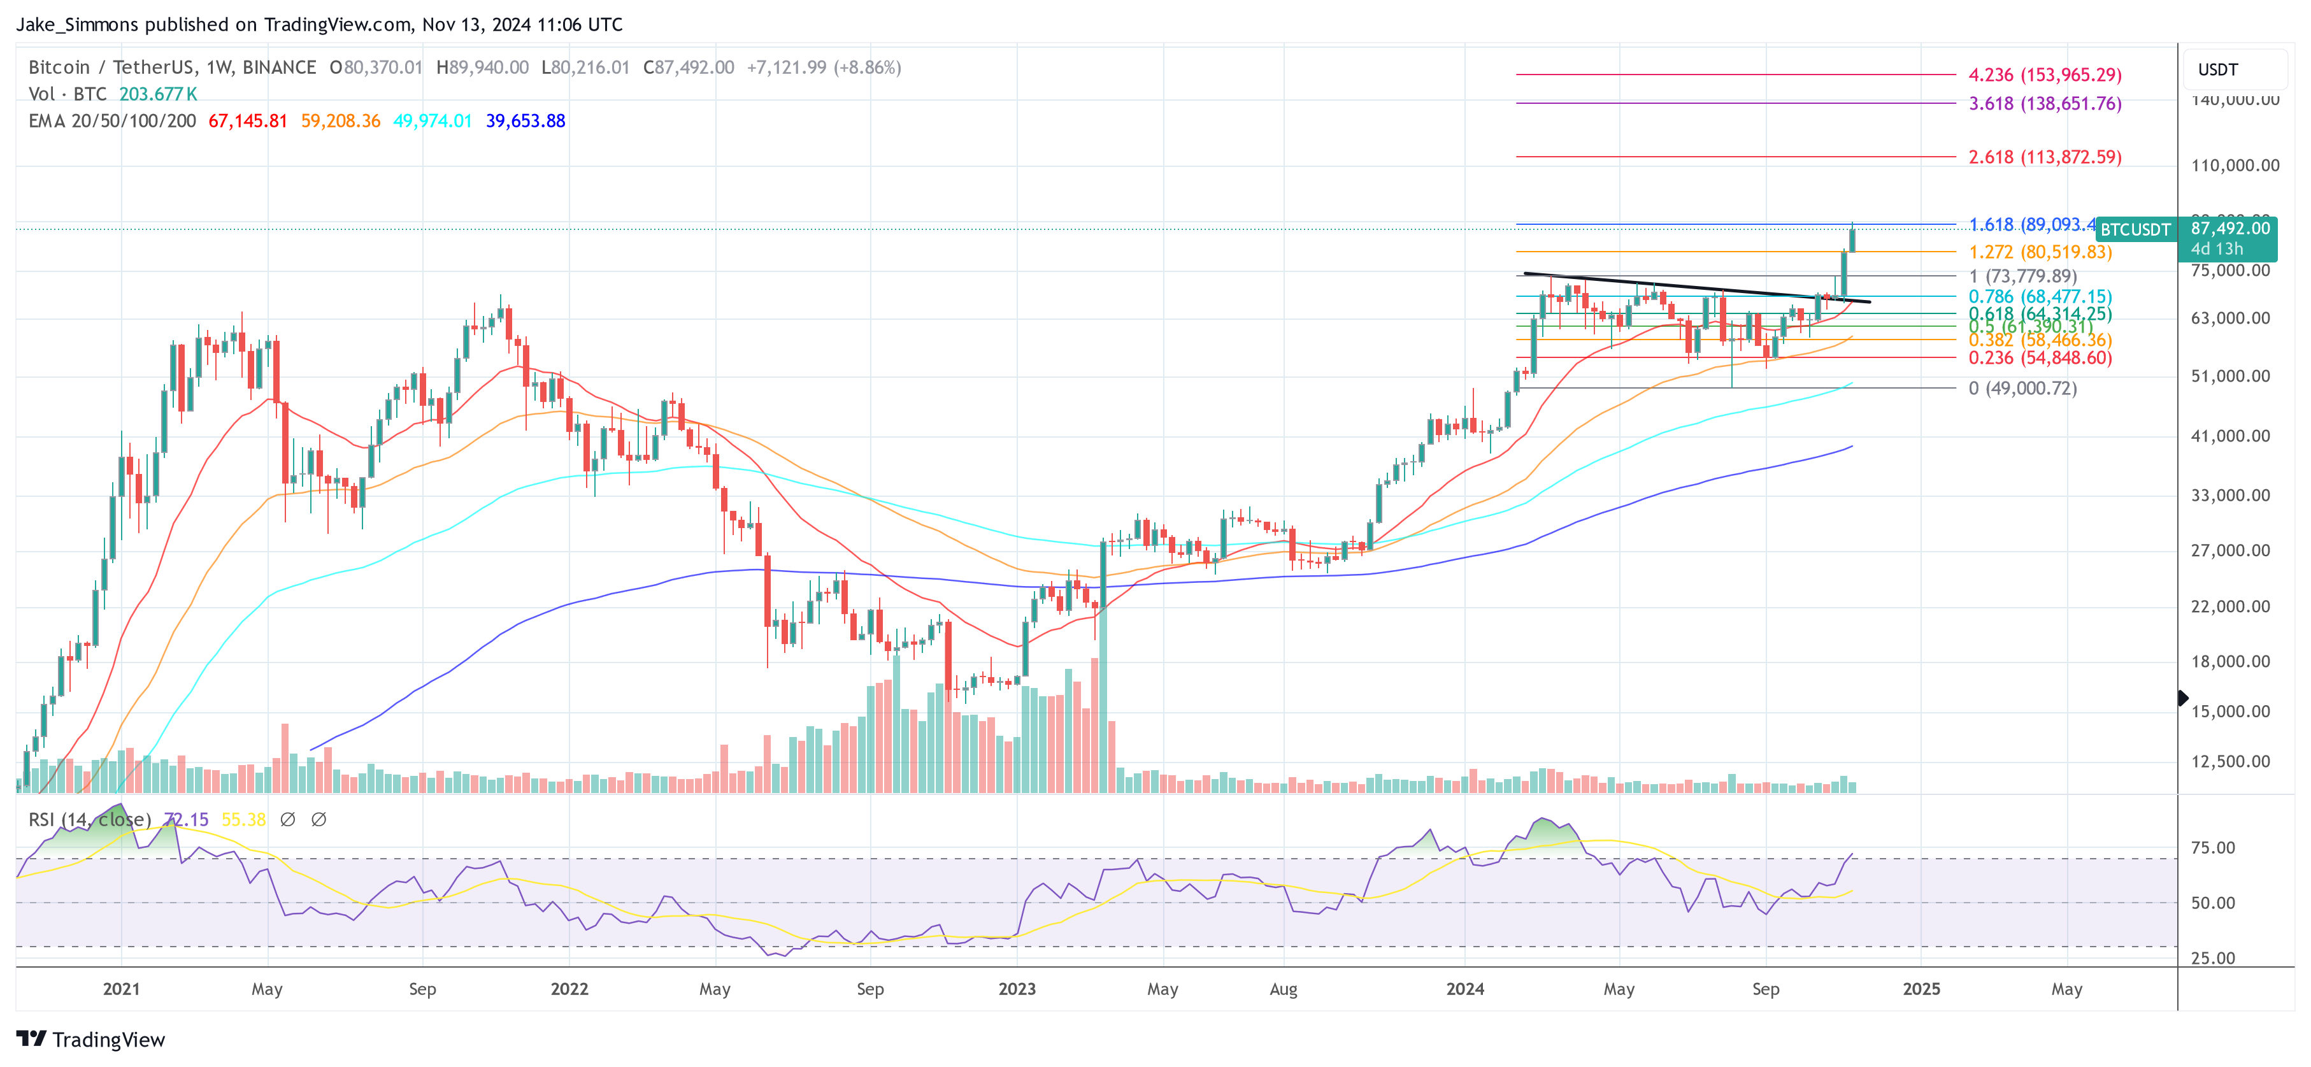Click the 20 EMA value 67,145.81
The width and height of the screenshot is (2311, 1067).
(x=248, y=120)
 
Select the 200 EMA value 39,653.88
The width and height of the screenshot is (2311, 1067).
(x=525, y=120)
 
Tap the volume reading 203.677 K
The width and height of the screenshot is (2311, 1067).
(x=158, y=94)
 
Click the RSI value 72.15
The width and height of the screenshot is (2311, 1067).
(x=187, y=819)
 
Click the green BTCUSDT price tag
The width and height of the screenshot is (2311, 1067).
(x=2135, y=230)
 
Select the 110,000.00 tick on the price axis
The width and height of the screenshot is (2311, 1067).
(x=2235, y=165)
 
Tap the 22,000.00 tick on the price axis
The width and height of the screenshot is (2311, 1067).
(x=2230, y=606)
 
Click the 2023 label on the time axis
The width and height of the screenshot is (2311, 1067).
(x=1017, y=989)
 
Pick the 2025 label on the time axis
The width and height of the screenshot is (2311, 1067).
(x=1921, y=989)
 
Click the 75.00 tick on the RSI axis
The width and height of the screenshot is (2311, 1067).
(x=2212, y=848)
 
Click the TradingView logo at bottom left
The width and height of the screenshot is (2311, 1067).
(x=90, y=1039)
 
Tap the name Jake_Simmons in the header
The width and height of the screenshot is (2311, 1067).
(x=77, y=24)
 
